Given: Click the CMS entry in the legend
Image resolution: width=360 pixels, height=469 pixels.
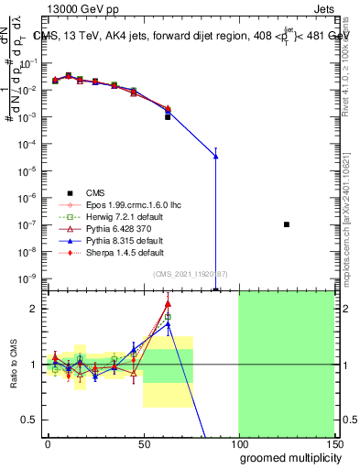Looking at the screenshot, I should click(x=94, y=192).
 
